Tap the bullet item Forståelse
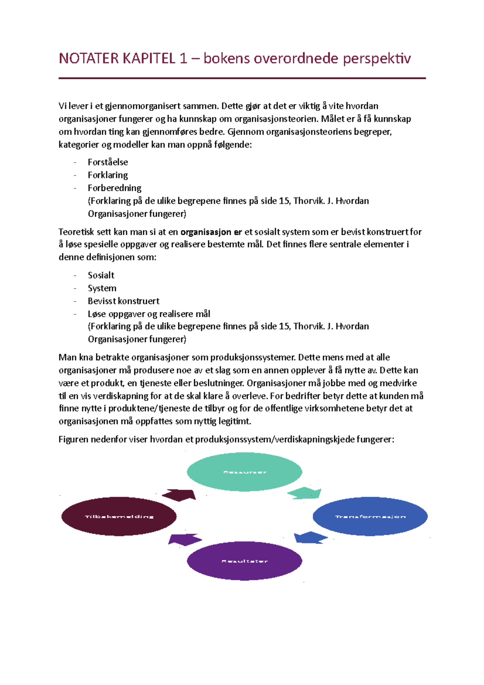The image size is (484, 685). tap(108, 162)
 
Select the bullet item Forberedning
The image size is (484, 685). tap(115, 188)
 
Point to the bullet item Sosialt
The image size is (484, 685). tap(101, 275)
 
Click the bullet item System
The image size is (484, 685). tap(102, 288)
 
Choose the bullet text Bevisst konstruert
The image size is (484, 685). tap(123, 301)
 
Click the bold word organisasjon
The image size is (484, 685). tap(206, 232)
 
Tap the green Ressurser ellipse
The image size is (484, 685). tap(244, 472)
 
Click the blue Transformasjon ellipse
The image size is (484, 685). tap(370, 516)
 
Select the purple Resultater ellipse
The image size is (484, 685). tap(244, 561)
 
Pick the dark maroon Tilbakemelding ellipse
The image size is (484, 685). tap(119, 516)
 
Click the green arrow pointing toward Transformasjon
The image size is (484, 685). tap(305, 493)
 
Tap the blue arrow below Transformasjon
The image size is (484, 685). tap(310, 538)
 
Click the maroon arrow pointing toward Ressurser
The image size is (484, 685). tap(179, 495)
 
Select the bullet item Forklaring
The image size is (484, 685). tap(108, 175)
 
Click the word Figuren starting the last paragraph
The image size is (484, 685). tap(73, 439)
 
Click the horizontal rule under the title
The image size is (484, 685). tap(242, 78)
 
